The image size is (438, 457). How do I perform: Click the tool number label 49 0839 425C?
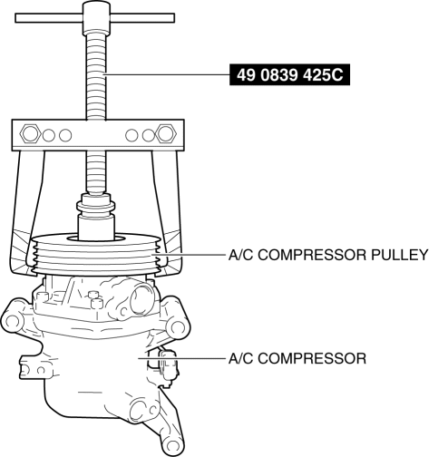pos(289,74)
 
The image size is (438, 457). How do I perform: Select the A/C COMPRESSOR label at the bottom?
pos(297,358)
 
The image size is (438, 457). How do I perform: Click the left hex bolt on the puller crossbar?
pos(30,133)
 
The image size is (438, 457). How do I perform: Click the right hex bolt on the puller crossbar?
pos(166,133)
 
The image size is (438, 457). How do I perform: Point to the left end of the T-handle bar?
pos(16,18)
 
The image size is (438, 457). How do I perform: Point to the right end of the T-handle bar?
pos(173,18)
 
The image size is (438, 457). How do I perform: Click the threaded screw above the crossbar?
pos(95,75)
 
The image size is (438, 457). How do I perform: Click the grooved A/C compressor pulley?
pos(95,254)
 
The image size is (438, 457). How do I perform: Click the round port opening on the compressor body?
pos(142,300)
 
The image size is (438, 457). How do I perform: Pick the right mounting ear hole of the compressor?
pos(178,327)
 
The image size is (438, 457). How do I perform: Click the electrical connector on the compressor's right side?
pos(169,367)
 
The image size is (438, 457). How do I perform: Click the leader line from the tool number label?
pos(166,74)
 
